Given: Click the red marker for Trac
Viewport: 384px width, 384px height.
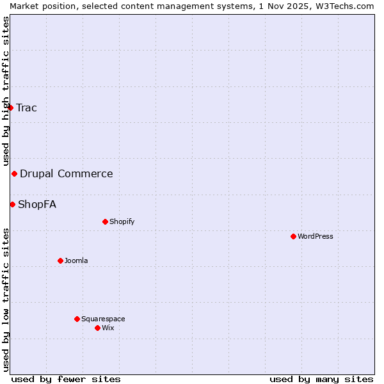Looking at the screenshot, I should pos(10,108).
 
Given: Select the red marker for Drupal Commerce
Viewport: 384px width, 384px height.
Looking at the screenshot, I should pos(14,174).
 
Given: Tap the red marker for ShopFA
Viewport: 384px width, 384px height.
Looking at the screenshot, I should pos(12,204).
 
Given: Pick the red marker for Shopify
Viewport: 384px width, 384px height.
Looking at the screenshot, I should pos(105,222).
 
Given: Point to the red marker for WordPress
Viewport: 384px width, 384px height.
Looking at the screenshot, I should pos(293,237).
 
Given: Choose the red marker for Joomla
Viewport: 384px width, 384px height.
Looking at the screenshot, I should pos(60,260).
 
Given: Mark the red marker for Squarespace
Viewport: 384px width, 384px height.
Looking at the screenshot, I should pos(77,319).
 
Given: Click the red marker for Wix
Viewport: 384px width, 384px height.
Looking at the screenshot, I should pos(97,328).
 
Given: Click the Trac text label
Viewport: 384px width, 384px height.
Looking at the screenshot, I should pos(26,108).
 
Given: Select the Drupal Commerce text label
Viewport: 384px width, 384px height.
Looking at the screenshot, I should pos(66,173).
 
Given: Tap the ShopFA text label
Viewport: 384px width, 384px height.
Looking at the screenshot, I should pos(37,205).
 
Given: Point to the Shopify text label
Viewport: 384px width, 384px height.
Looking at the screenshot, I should pos(122,222).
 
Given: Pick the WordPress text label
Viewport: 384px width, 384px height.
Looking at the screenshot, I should pos(315,237).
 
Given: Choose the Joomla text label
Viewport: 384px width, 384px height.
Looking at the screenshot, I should pos(76,260).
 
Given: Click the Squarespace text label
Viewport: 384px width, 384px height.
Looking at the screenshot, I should pos(103,319).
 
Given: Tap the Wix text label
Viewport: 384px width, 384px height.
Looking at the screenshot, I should pos(108,328).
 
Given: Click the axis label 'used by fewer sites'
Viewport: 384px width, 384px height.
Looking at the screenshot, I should pos(66,379).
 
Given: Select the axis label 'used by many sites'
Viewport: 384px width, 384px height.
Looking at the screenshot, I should pos(321,379).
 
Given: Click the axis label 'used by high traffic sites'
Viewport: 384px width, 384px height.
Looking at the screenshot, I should pos(6,91).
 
